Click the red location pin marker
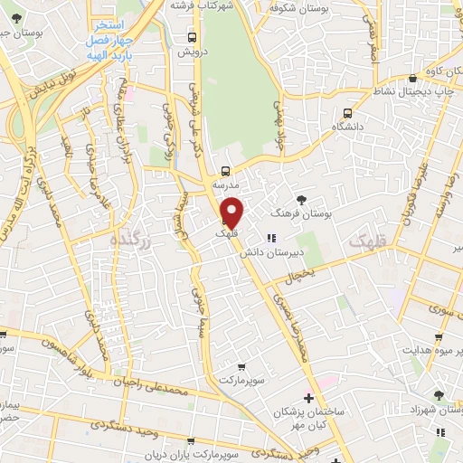[x=232, y=213]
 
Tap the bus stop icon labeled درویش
[x=191, y=37]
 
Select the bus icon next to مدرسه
[x=225, y=170]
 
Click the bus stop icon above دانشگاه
[x=348, y=114]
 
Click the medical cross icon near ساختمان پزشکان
[x=308, y=398]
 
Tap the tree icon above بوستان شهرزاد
[x=439, y=395]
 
